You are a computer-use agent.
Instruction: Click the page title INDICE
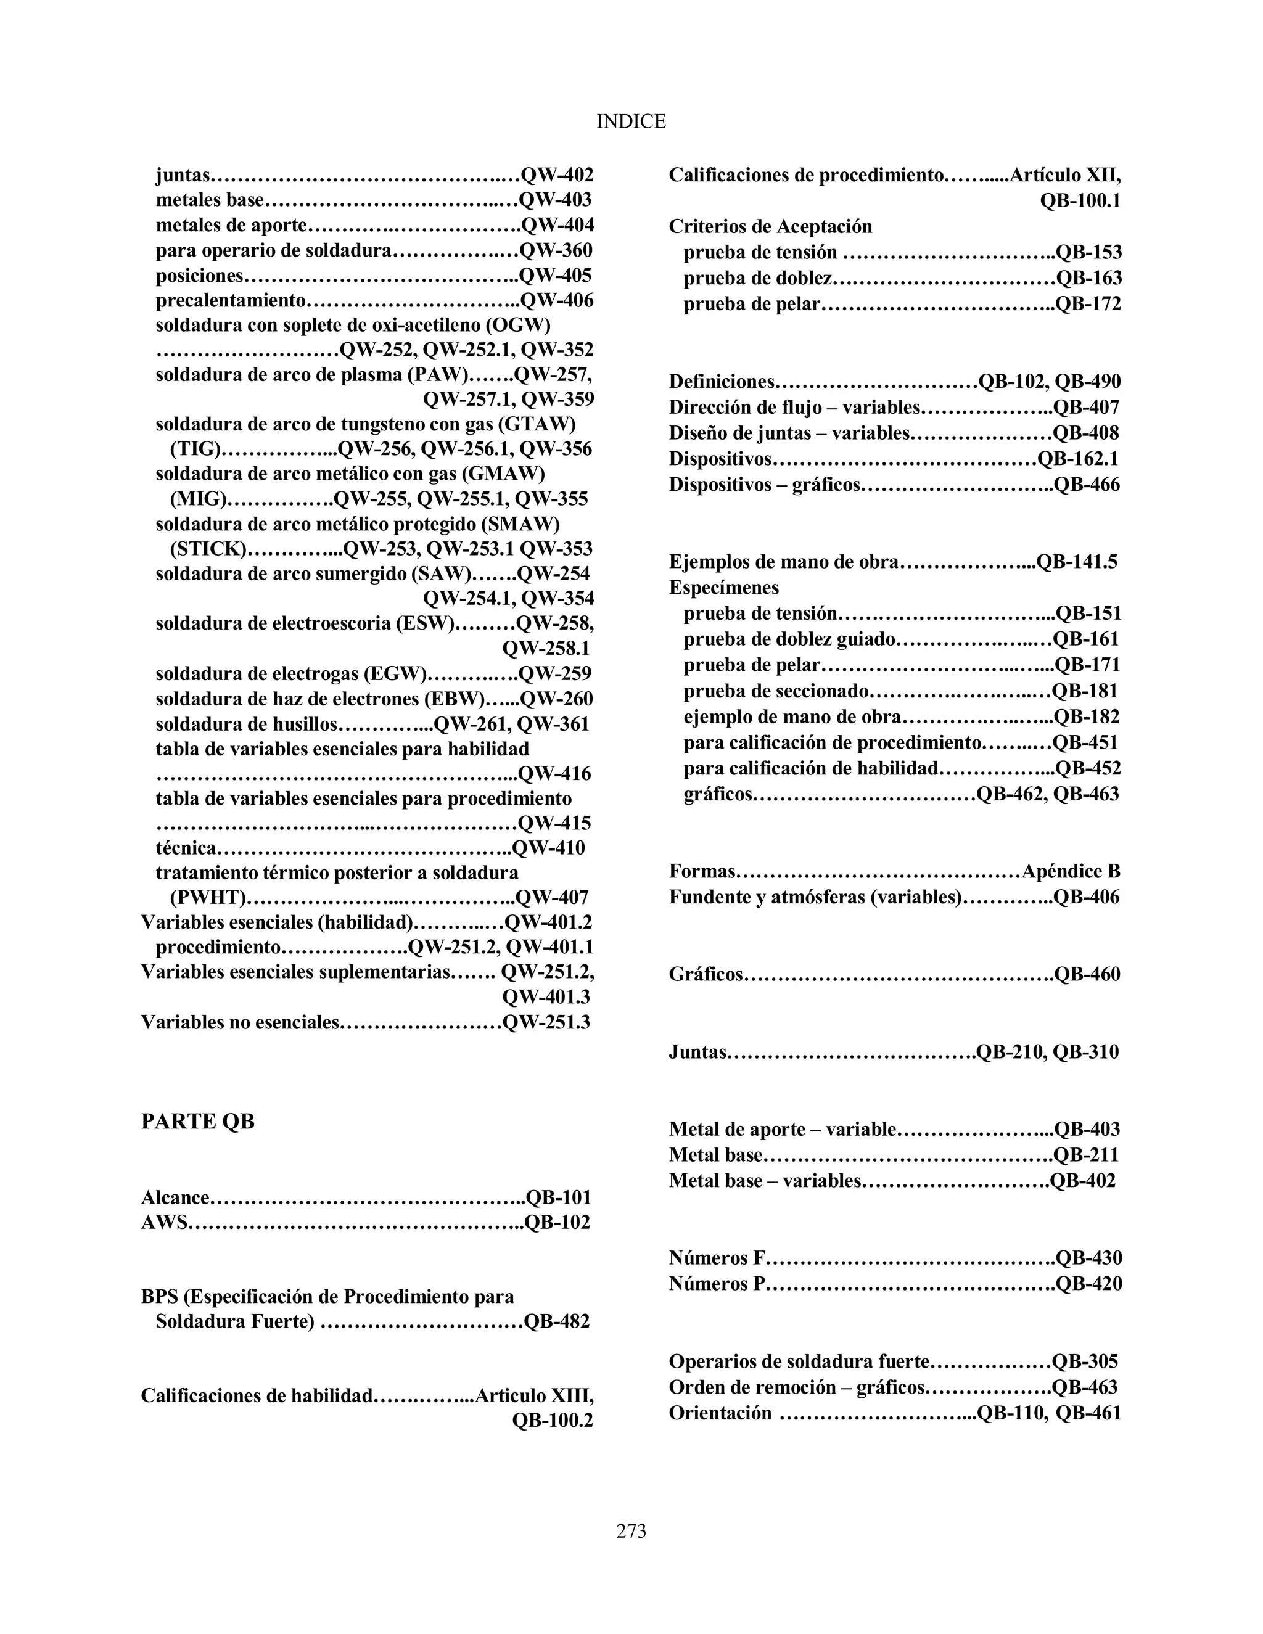point(631,121)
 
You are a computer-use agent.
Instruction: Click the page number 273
point(631,1531)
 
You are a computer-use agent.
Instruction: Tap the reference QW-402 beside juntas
point(557,175)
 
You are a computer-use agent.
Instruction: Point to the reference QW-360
point(556,250)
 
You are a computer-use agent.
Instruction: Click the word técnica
point(186,848)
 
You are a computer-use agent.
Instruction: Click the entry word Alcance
point(175,1198)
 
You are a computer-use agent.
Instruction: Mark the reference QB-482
point(557,1322)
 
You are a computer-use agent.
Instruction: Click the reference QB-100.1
point(1080,201)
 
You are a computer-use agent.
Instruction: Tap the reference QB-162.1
point(1077,459)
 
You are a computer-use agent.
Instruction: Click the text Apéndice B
point(1071,872)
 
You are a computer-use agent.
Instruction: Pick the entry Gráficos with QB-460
point(706,975)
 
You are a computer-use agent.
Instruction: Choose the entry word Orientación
point(720,1413)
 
